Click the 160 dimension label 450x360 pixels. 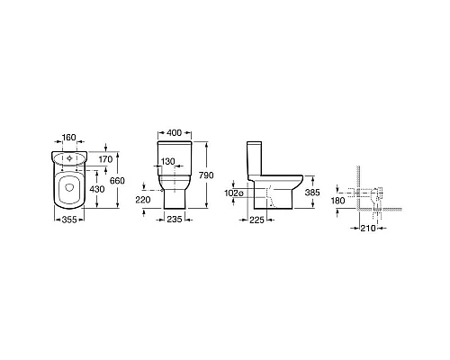69,138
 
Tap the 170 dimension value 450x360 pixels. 105,159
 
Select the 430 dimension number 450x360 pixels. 97,189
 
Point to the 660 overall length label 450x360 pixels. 117,181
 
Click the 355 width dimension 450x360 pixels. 69,220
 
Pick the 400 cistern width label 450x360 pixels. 174,132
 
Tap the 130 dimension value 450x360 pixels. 167,161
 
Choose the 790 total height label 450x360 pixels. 206,175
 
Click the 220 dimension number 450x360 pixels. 143,200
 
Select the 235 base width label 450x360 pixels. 175,220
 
